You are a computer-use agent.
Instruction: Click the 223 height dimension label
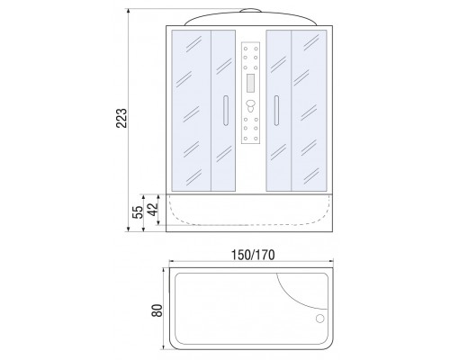(x=121, y=118)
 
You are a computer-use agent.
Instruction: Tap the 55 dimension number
(x=138, y=212)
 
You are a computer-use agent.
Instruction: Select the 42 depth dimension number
(x=152, y=210)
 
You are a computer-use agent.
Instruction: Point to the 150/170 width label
(x=253, y=255)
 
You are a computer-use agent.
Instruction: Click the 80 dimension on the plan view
(x=157, y=310)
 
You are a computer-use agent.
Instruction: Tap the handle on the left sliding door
(x=226, y=111)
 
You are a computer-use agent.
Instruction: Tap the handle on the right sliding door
(x=276, y=111)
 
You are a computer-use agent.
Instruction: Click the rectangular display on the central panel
(x=250, y=83)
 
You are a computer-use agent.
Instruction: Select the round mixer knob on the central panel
(x=250, y=104)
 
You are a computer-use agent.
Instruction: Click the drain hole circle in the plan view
(x=320, y=319)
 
